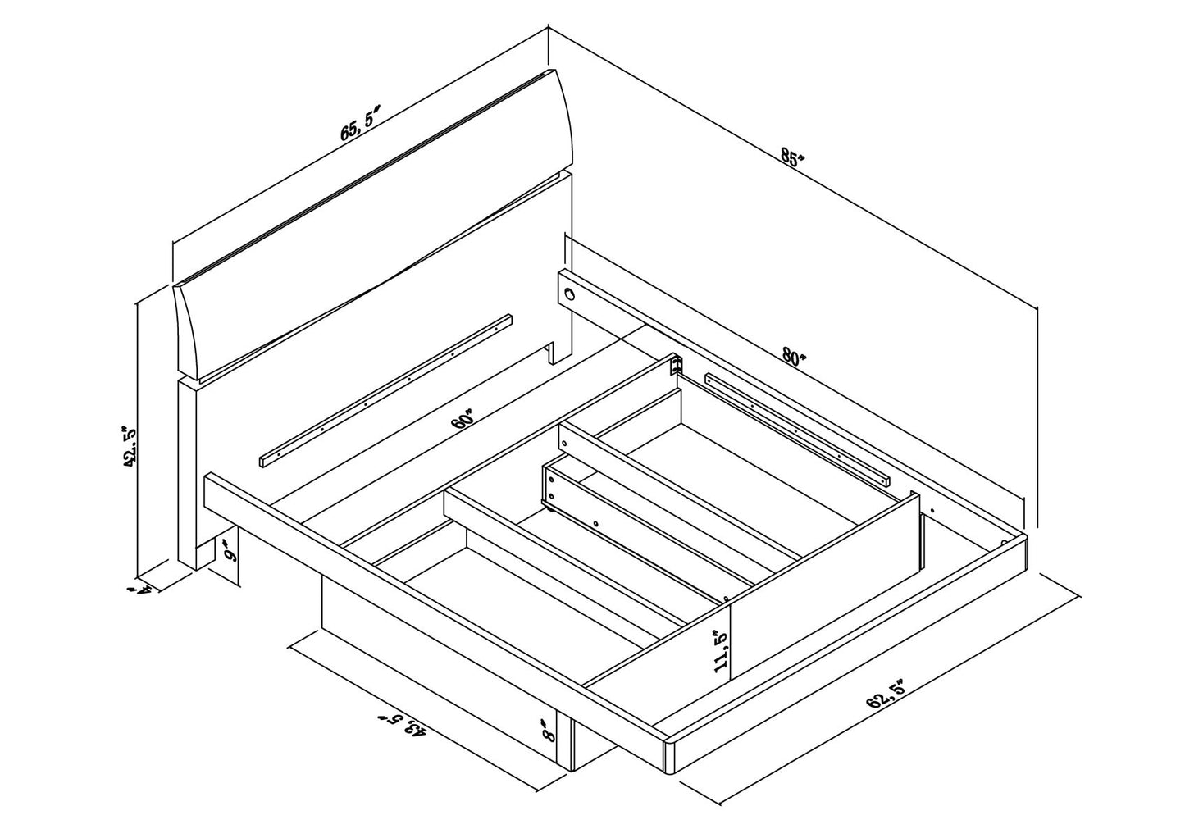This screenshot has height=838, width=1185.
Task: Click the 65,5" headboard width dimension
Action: coord(361,123)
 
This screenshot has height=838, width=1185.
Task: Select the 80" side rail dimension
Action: coord(794,358)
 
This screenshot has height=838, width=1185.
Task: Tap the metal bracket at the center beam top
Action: coord(676,365)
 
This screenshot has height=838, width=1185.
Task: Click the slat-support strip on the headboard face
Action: coord(386,390)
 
